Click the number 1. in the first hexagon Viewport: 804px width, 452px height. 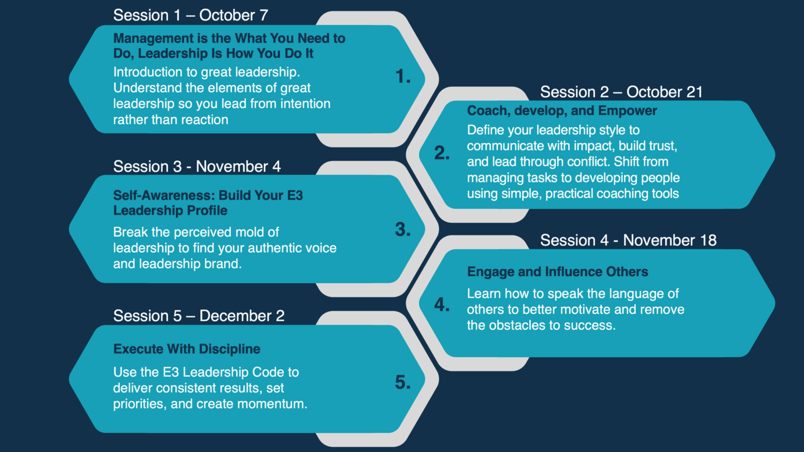(403, 76)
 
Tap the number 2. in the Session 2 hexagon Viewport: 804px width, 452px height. (442, 153)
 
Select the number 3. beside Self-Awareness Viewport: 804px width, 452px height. (403, 229)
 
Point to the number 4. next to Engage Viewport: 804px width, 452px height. (442, 304)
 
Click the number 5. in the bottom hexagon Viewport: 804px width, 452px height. (403, 382)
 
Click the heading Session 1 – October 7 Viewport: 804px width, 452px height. (191, 15)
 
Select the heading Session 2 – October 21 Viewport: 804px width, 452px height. (621, 92)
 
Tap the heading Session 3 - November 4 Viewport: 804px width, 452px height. (197, 167)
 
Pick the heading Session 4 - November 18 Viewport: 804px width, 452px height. (628, 240)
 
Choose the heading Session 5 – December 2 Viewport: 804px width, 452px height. (199, 316)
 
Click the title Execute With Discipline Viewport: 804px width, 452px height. (187, 349)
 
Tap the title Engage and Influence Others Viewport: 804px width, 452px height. (557, 272)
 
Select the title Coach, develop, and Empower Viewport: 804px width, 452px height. (562, 111)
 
